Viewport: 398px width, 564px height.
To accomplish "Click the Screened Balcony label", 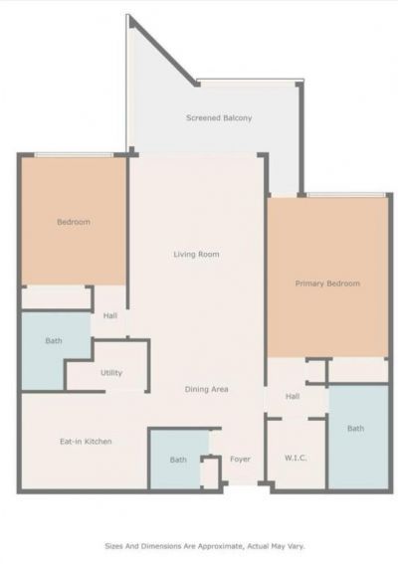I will click(x=218, y=118).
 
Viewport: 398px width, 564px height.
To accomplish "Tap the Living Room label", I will click(x=196, y=255).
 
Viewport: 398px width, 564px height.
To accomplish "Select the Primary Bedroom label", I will click(x=327, y=283).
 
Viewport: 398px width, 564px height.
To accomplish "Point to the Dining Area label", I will click(x=206, y=389).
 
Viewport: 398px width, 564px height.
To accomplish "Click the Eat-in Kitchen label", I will click(x=86, y=441).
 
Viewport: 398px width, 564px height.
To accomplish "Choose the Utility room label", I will click(x=111, y=373).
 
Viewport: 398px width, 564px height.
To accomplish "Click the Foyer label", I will click(x=240, y=460).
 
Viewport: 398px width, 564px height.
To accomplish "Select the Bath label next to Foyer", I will click(x=178, y=460).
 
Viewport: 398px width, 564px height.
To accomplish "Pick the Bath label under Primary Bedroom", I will click(x=356, y=429).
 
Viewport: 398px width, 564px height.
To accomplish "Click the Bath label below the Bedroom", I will click(x=54, y=341).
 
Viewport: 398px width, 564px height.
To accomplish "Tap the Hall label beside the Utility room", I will click(x=110, y=317).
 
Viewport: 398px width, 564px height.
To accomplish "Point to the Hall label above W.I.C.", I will click(x=293, y=396).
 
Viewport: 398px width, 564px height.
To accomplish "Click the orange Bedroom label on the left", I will click(x=73, y=222).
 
